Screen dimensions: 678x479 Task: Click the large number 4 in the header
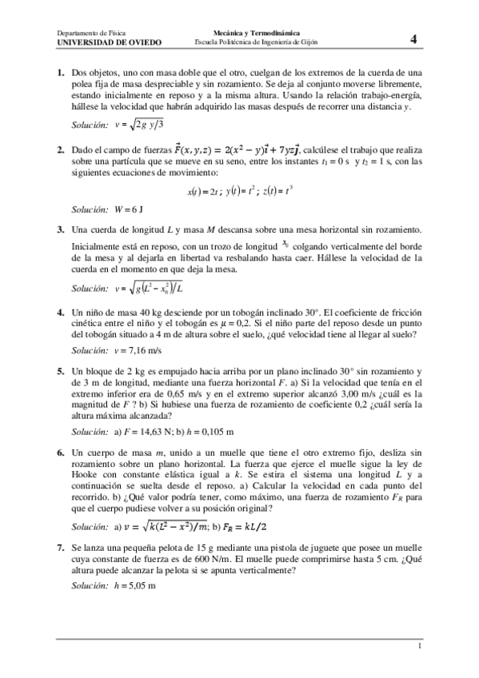[x=413, y=38]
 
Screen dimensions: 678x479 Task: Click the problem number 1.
[x=61, y=74]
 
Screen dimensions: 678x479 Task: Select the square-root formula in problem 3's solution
[x=154, y=288]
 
